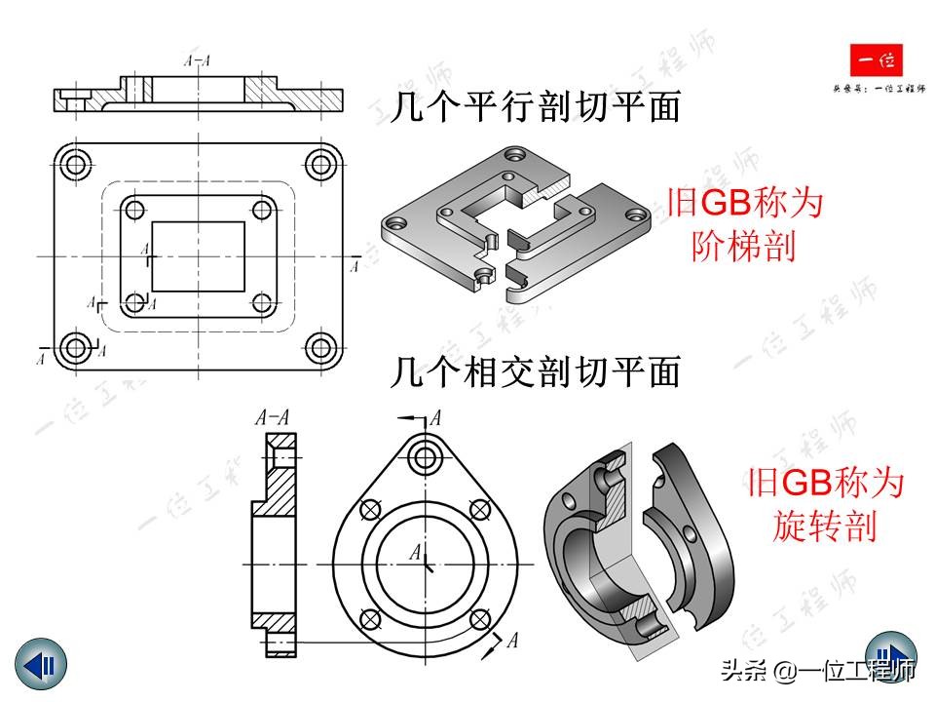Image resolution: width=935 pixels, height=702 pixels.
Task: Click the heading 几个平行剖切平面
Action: pyautogui.click(x=535, y=107)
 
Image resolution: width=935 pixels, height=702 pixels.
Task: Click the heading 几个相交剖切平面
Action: pyautogui.click(x=535, y=372)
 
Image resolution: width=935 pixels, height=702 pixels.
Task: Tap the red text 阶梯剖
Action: pyautogui.click(x=746, y=246)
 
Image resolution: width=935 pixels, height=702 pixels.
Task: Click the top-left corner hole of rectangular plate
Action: pyautogui.click(x=74, y=163)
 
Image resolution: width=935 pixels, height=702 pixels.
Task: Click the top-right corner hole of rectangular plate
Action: pyautogui.click(x=320, y=163)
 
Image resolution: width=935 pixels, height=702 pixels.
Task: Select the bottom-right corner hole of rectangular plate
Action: pyautogui.click(x=320, y=346)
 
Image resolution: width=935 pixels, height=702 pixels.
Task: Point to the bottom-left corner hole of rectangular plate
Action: pyautogui.click(x=74, y=346)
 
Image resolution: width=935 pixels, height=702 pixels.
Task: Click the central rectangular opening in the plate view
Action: pyautogui.click(x=200, y=255)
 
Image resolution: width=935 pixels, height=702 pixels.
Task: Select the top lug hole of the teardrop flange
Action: pyautogui.click(x=426, y=454)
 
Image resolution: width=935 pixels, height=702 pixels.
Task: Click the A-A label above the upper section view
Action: pyautogui.click(x=198, y=60)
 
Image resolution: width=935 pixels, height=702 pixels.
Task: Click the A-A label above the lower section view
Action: pyautogui.click(x=273, y=419)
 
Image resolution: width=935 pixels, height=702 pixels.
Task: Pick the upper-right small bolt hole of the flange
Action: pyautogui.click(x=478, y=509)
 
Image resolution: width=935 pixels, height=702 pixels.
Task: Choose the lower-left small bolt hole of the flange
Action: pyautogui.click(x=369, y=619)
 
